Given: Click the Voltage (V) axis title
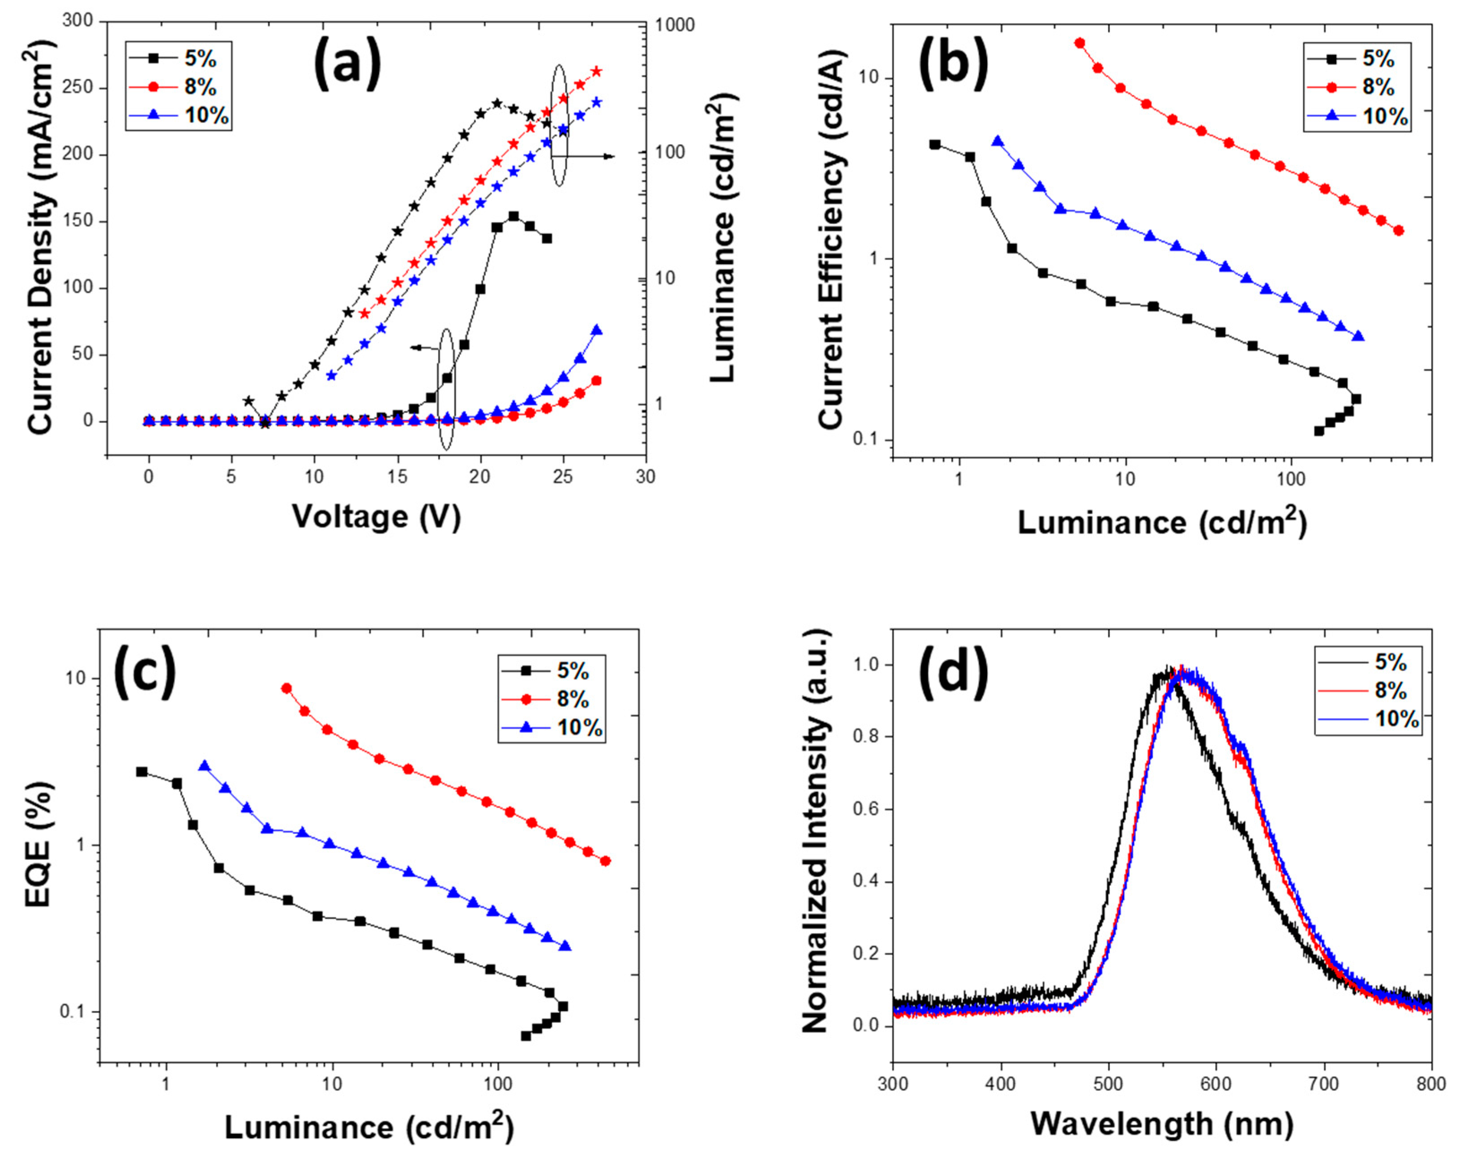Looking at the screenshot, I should (x=376, y=517).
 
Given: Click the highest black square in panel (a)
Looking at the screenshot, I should (x=513, y=216).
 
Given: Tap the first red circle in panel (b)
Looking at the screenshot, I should (x=1080, y=43).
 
